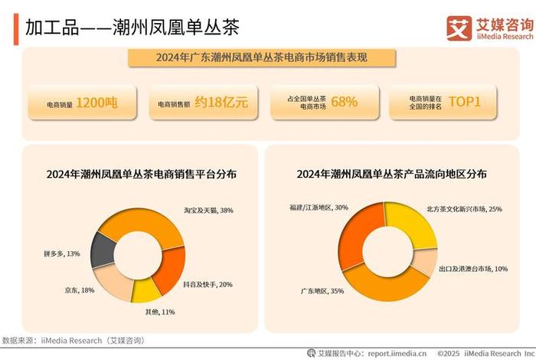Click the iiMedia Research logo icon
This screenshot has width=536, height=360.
(459, 28)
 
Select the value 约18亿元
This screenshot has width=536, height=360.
(221, 103)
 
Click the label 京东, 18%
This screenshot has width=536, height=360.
(79, 290)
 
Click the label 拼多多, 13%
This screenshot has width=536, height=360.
(62, 253)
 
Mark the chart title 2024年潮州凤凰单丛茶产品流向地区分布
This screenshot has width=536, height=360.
(392, 175)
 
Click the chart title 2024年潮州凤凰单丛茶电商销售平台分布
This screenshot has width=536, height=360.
(142, 175)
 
